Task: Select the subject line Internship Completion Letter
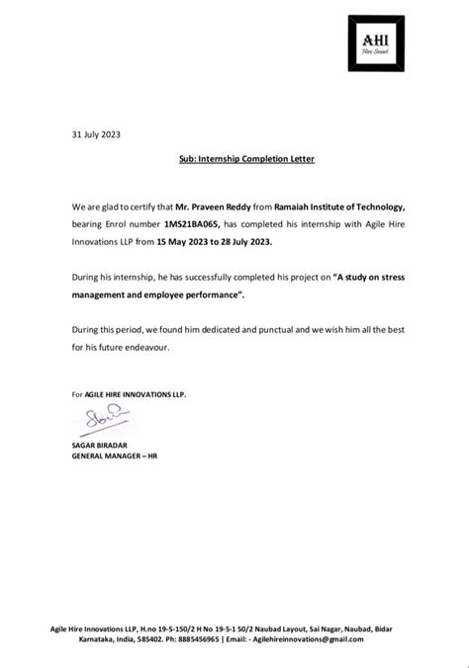(x=234, y=157)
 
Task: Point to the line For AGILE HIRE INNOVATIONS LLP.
(x=129, y=394)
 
